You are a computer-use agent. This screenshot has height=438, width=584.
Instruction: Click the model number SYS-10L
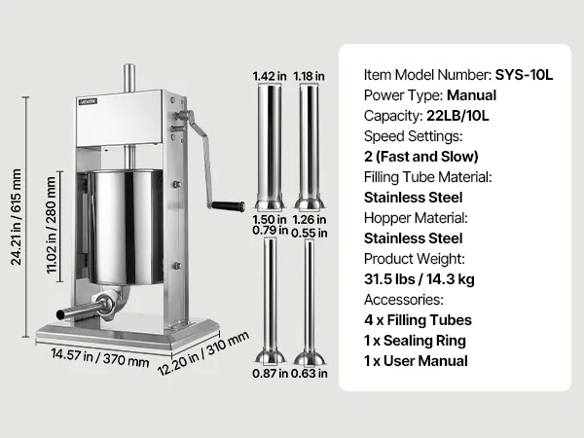(524, 75)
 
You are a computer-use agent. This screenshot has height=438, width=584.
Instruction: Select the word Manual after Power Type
(471, 95)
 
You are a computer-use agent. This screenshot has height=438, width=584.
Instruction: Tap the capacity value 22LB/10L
(457, 116)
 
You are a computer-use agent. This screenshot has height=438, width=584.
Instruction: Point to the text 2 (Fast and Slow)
(421, 157)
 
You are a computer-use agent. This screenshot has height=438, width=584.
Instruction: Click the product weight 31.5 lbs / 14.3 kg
(420, 279)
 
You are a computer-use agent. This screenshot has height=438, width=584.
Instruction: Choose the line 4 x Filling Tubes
(418, 320)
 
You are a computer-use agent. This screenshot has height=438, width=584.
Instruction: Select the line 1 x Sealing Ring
(415, 341)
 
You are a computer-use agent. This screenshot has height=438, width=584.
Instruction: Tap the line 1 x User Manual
(416, 361)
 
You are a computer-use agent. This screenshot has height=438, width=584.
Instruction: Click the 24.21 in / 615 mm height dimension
(17, 217)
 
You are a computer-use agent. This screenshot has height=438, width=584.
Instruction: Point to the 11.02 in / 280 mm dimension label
(52, 225)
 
